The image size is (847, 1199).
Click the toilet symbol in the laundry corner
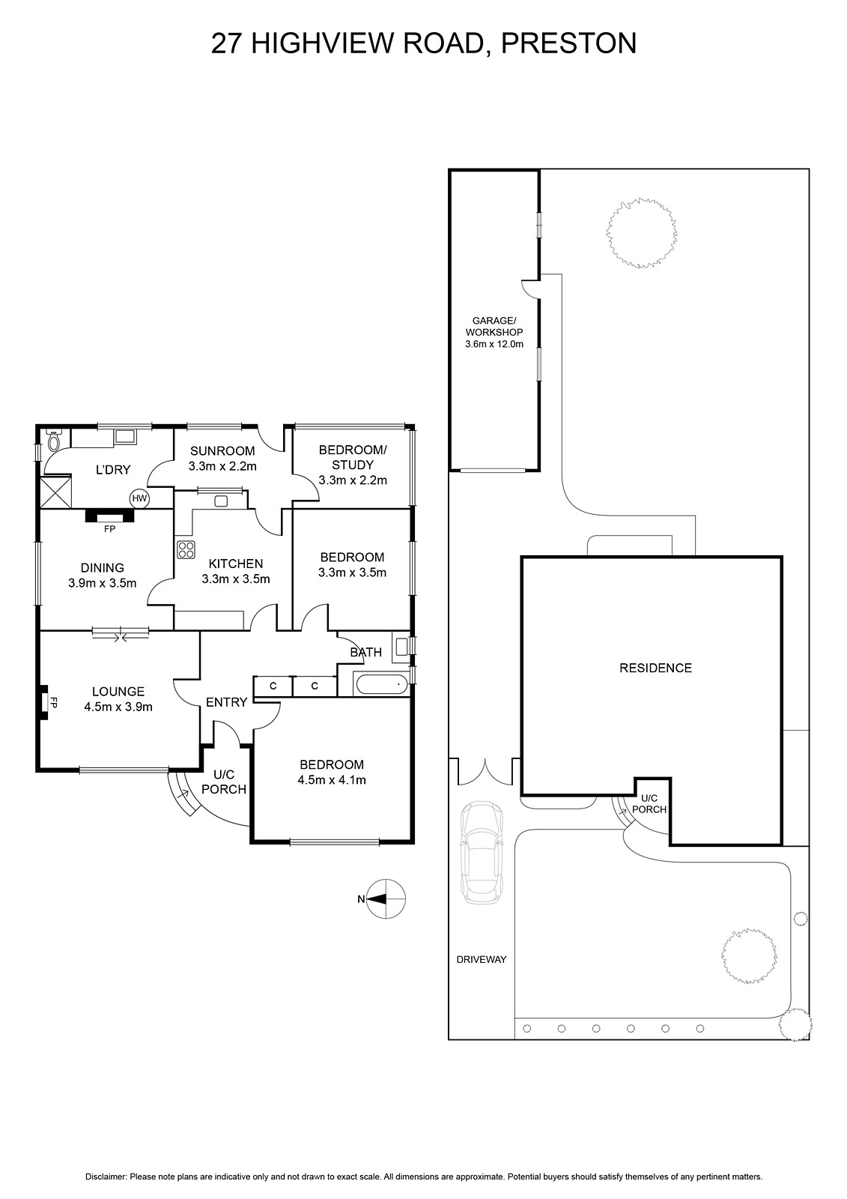click(54, 440)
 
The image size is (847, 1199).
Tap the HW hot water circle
click(139, 499)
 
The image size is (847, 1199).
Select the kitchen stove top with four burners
click(186, 550)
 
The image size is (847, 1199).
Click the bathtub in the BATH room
click(381, 685)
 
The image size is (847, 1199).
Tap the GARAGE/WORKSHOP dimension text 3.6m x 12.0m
click(494, 344)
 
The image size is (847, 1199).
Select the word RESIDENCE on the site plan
click(655, 668)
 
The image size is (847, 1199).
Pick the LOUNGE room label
click(118, 692)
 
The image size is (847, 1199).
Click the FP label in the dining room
click(110, 529)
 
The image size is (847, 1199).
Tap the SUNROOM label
click(222, 450)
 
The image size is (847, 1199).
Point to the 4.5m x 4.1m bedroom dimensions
click(332, 780)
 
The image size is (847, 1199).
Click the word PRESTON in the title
click(568, 43)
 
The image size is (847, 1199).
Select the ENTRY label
click(226, 701)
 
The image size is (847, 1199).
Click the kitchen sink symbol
click(221, 501)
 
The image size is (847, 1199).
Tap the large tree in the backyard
click(642, 232)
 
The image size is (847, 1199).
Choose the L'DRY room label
click(113, 469)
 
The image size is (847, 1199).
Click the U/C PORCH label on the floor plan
click(224, 782)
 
